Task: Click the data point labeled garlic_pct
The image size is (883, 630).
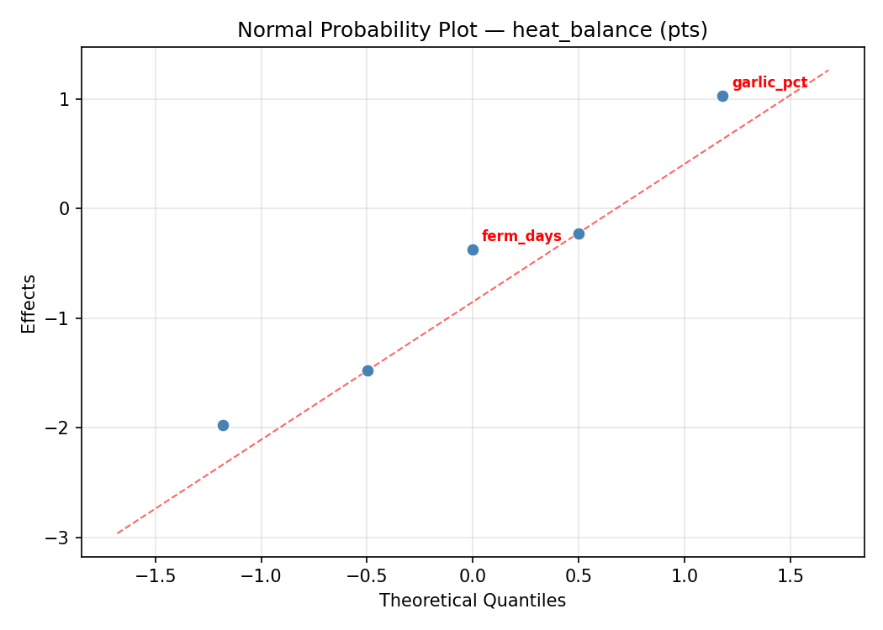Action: pyautogui.click(x=722, y=96)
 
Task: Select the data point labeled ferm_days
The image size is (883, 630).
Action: pyautogui.click(x=473, y=249)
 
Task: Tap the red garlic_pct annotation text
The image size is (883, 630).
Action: pyautogui.click(x=769, y=82)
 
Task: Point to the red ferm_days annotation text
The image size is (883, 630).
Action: pyautogui.click(x=521, y=236)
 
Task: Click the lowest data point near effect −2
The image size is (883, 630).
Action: pyautogui.click(x=223, y=425)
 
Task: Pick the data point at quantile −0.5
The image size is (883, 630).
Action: pyautogui.click(x=367, y=370)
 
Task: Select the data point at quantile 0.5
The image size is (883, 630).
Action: pyautogui.click(x=579, y=234)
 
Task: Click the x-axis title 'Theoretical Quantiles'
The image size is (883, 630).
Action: pyautogui.click(x=472, y=601)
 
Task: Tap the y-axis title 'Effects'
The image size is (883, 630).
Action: pyautogui.click(x=29, y=303)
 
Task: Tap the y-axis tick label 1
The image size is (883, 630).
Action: pyautogui.click(x=65, y=99)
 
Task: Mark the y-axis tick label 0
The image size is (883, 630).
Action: pyautogui.click(x=65, y=208)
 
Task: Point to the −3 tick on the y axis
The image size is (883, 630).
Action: pyautogui.click(x=61, y=538)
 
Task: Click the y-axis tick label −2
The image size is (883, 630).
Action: pyautogui.click(x=61, y=428)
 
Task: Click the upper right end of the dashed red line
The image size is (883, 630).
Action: pyautogui.click(x=828, y=71)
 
